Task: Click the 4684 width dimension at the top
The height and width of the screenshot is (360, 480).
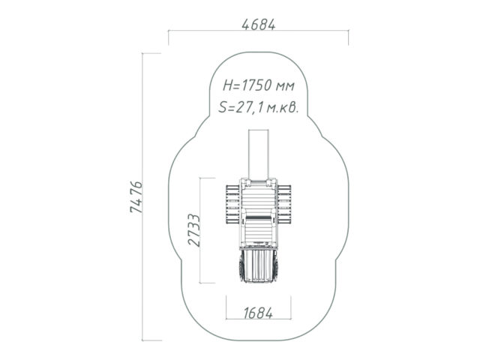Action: (x=259, y=25)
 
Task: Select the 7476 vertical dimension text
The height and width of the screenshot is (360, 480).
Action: (x=136, y=196)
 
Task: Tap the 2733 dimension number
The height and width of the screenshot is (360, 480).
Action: (x=194, y=230)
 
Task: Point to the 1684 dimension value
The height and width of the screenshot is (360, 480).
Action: (x=258, y=313)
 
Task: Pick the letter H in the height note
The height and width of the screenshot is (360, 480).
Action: (x=228, y=85)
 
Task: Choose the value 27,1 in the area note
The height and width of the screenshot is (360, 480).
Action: (x=247, y=108)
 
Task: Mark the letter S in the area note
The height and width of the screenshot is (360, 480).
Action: (x=223, y=108)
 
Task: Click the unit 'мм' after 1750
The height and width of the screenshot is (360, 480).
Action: (x=285, y=87)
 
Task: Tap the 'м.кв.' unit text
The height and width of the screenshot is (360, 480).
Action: (x=282, y=108)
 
